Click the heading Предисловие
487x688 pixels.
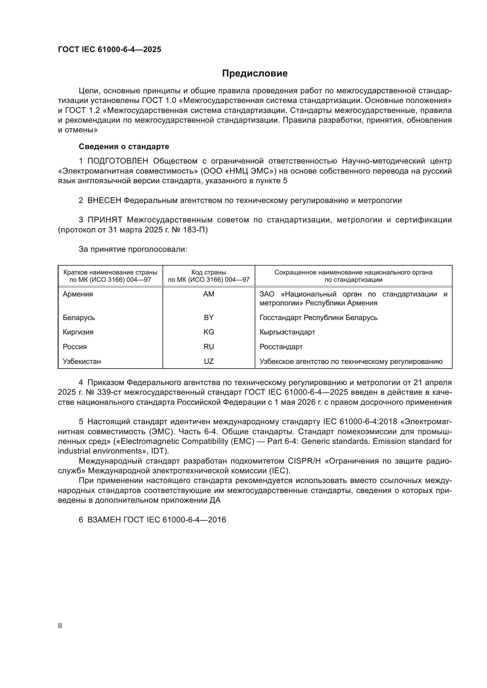[x=255, y=74]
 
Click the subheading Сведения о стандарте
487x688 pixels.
[x=124, y=146]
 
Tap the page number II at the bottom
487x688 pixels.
[x=60, y=626]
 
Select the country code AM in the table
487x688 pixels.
[x=209, y=294]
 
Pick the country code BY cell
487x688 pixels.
[x=209, y=318]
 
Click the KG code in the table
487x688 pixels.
[x=209, y=332]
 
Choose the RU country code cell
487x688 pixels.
[x=209, y=347]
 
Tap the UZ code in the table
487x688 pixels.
[x=209, y=362]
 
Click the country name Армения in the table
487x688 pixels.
[x=78, y=294]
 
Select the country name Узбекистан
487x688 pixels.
[x=82, y=362]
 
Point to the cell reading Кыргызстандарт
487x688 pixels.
[x=287, y=332]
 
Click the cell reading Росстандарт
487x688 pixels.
[x=281, y=347]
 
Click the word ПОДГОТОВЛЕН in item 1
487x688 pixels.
[x=117, y=161]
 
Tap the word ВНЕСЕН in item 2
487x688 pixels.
[x=104, y=201]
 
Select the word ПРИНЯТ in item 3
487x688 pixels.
[x=105, y=220]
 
